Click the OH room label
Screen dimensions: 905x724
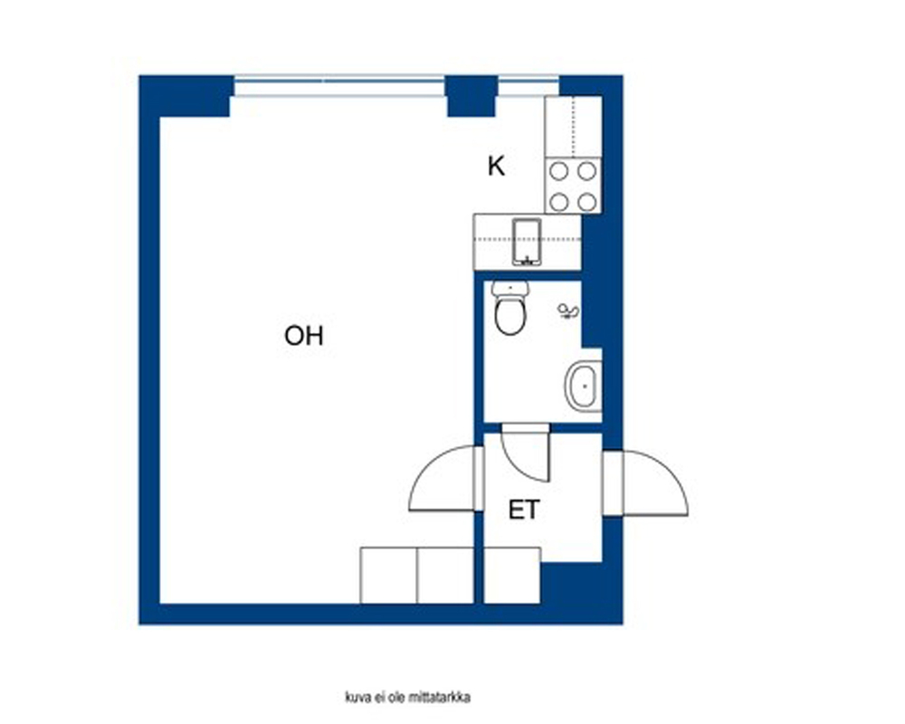click(x=303, y=336)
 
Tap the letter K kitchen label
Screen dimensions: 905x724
click(x=496, y=167)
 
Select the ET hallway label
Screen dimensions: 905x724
click(x=524, y=510)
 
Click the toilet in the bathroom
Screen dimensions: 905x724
click(x=510, y=309)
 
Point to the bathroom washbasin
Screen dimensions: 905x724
click(x=584, y=386)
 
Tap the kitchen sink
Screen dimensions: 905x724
click(x=527, y=242)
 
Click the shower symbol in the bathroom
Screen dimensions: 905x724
click(x=568, y=311)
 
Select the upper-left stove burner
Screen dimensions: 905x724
click(x=558, y=171)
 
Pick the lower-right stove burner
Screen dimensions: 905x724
click(x=587, y=202)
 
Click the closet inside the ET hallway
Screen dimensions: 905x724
click(x=512, y=576)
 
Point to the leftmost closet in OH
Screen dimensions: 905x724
click(x=388, y=576)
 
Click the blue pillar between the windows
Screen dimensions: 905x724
click(x=472, y=96)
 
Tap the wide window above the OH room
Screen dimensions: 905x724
click(x=339, y=84)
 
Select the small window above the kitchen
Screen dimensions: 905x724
click(x=529, y=84)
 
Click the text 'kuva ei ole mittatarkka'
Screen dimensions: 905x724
click(x=407, y=698)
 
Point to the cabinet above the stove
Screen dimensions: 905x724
click(x=574, y=127)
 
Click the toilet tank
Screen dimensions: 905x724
click(x=510, y=289)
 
